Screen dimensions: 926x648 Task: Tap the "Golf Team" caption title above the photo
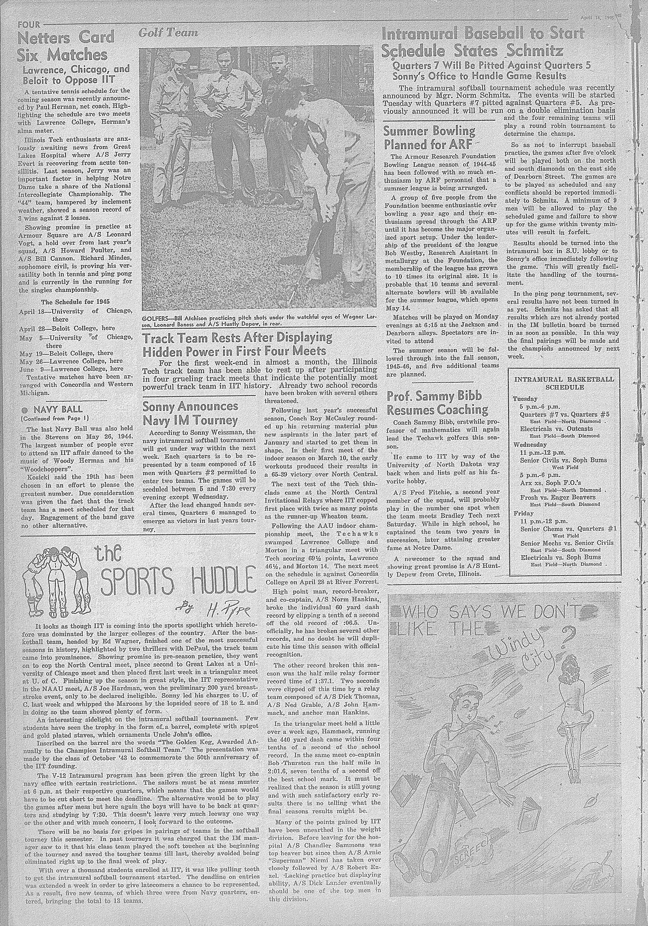click(x=168, y=33)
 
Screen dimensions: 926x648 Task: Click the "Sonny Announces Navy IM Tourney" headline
click(x=190, y=413)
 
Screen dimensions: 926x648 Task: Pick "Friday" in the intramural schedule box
click(x=523, y=514)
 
